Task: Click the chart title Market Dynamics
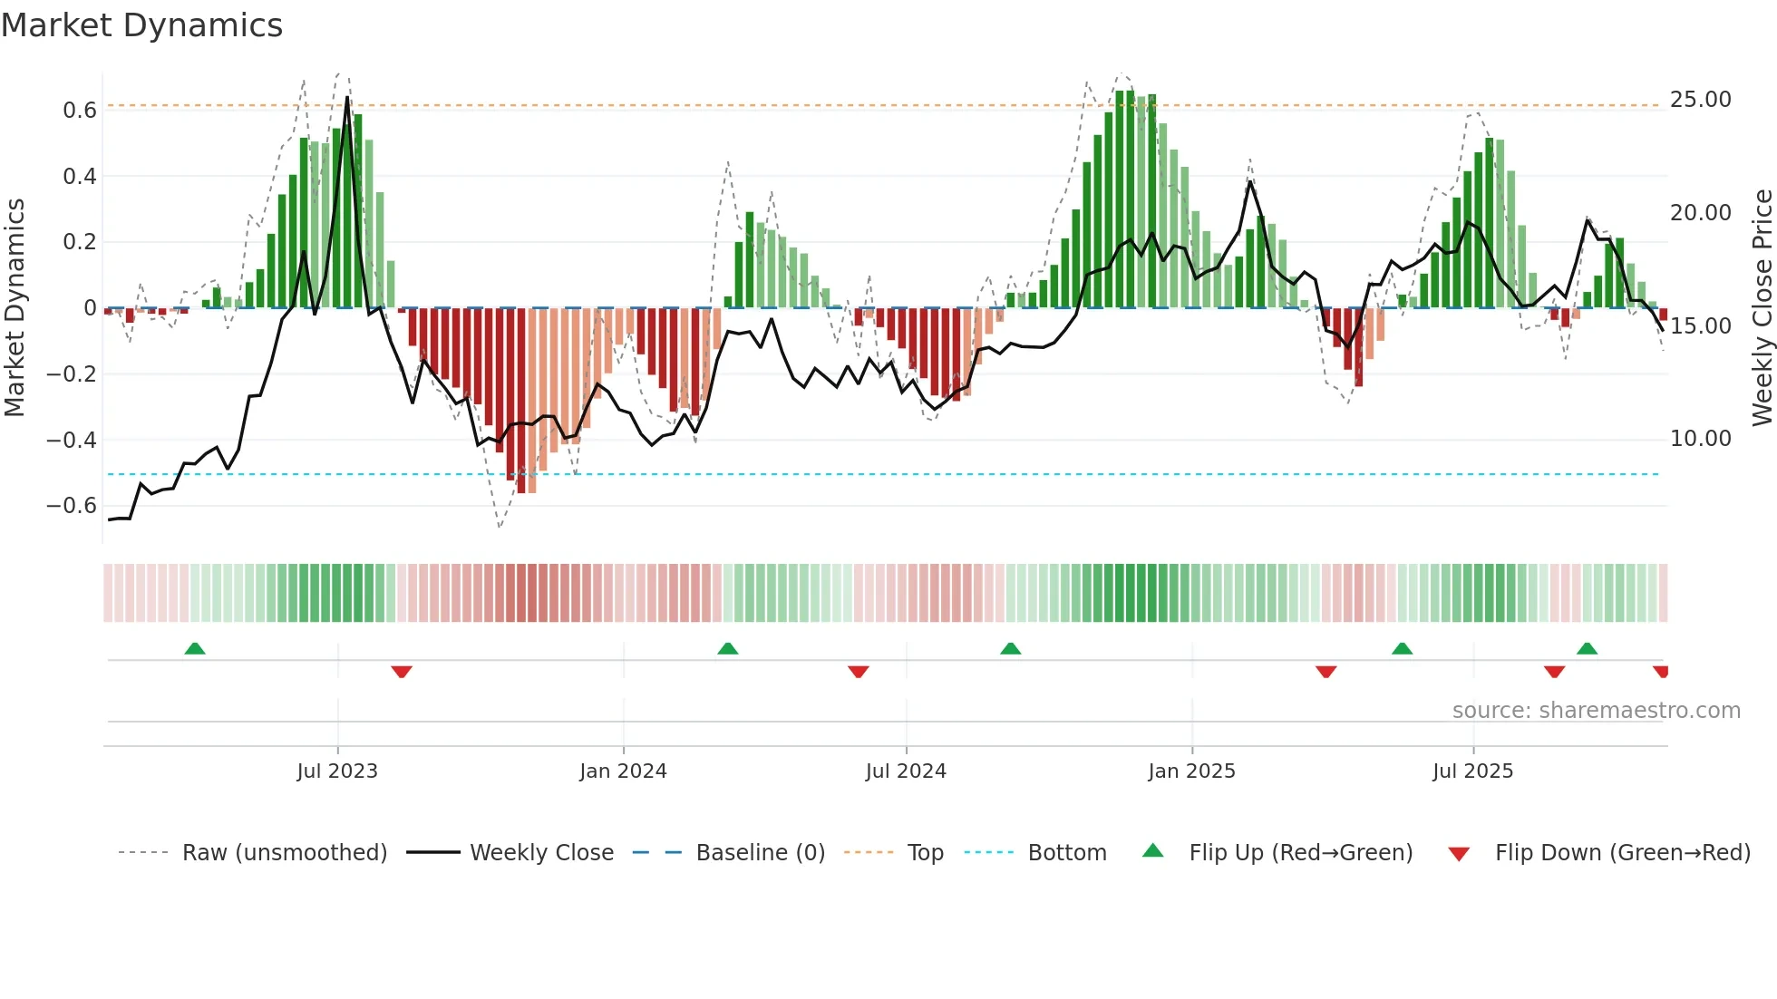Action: coord(141,25)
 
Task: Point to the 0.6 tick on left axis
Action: coord(79,111)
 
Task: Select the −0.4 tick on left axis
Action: coord(72,441)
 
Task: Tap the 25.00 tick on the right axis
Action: coord(1700,100)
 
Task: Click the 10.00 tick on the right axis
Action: coord(1700,439)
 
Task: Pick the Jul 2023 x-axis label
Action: coord(336,771)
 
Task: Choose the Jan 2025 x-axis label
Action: coord(1190,771)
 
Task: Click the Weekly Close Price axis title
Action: coord(1762,308)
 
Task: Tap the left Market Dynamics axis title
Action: coord(15,308)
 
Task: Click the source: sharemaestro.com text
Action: coord(1596,711)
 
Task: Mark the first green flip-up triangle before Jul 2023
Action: coord(195,648)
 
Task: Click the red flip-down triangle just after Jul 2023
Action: coord(402,672)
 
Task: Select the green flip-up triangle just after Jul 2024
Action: coord(1010,648)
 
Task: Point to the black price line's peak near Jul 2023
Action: coord(347,97)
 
